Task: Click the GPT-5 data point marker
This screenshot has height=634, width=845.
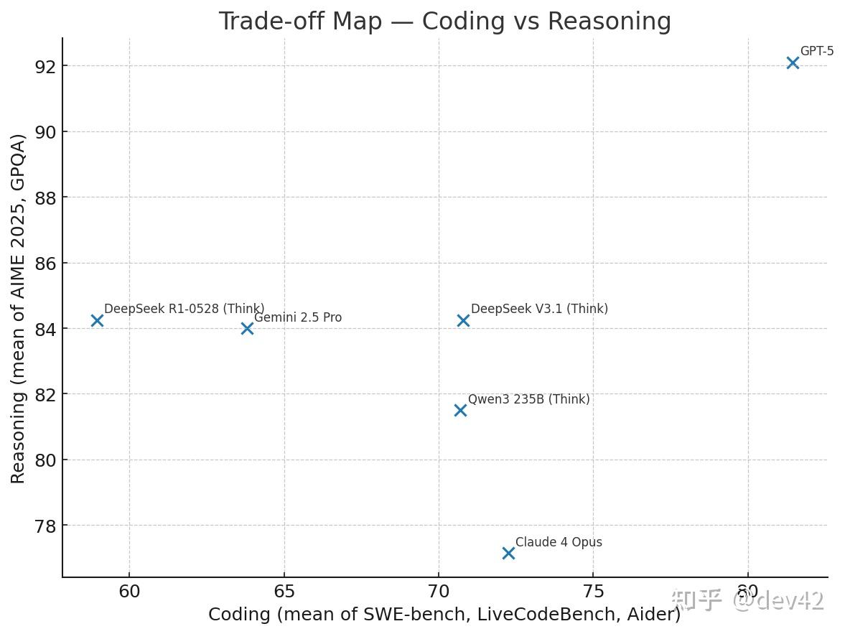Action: (792, 62)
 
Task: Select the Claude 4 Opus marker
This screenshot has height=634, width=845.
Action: (508, 553)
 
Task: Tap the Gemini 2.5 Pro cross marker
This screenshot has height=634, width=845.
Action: (247, 328)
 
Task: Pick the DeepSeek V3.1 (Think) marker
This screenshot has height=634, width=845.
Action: (463, 320)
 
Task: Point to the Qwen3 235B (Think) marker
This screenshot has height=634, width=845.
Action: (460, 410)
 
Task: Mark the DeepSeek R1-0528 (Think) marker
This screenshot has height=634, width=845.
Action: (97, 320)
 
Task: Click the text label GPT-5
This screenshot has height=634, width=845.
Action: (817, 51)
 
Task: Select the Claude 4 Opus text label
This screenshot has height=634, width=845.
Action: (559, 542)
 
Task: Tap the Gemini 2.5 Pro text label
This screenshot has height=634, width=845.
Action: (298, 317)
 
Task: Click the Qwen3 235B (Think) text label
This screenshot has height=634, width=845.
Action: (528, 399)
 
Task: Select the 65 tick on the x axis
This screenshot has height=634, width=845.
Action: (284, 592)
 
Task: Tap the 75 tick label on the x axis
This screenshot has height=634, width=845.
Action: (593, 592)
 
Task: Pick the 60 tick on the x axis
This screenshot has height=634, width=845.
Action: (129, 592)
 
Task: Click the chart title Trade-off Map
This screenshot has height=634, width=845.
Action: (444, 22)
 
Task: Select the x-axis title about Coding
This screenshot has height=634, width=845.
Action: (444, 615)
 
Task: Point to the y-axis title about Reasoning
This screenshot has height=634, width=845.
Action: (19, 308)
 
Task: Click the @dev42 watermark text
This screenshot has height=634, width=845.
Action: (778, 600)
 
